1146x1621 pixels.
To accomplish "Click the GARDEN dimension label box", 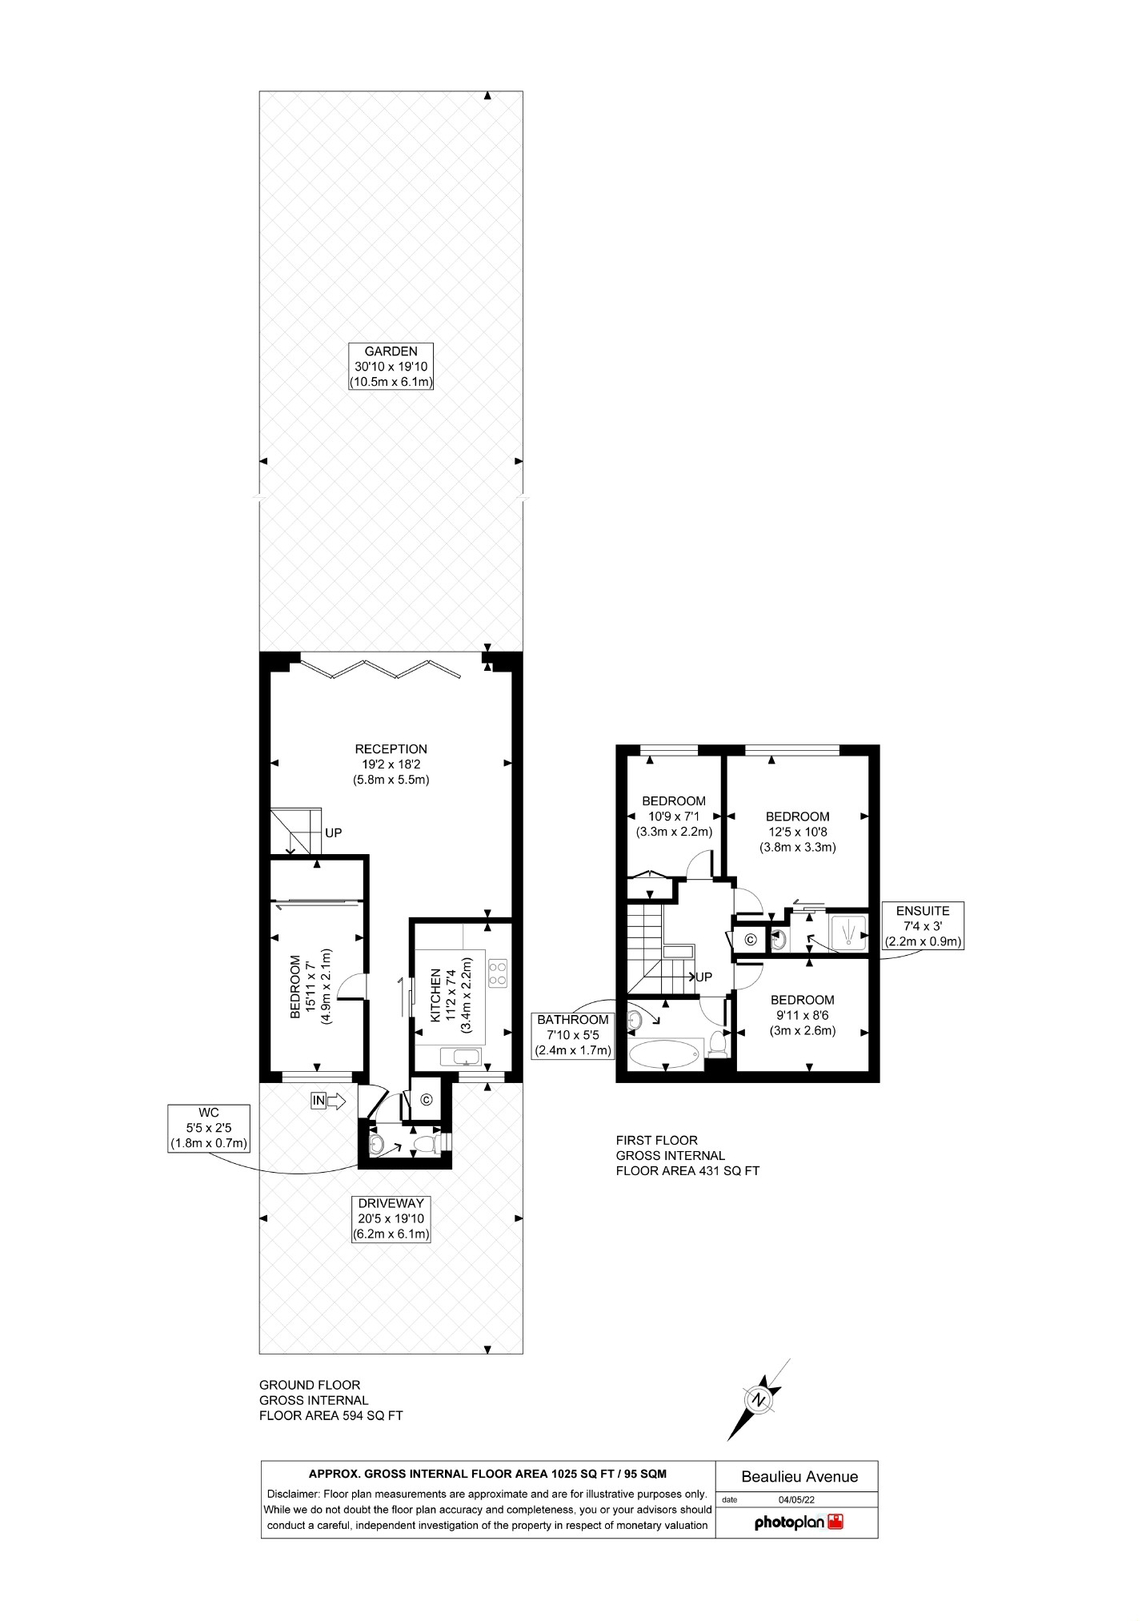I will pyautogui.click(x=391, y=367).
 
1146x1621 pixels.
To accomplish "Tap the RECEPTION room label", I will pyautogui.click(x=391, y=764).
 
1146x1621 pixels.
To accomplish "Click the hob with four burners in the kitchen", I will pyautogui.click(x=497, y=972).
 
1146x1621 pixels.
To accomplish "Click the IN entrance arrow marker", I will pyautogui.click(x=328, y=1101).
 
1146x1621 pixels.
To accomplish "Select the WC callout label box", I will pyautogui.click(x=209, y=1129).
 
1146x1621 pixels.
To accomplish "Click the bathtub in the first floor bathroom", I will pyautogui.click(x=665, y=1053).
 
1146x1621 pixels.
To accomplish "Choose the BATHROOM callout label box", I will pyautogui.click(x=573, y=1035).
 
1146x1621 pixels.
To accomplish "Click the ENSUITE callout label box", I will pyautogui.click(x=923, y=926).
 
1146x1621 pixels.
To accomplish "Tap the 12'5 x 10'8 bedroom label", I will pyautogui.click(x=797, y=831).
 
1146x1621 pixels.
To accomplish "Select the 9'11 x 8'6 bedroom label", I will pyautogui.click(x=802, y=1015).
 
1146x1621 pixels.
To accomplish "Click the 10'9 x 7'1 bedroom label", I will pyautogui.click(x=674, y=816).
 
